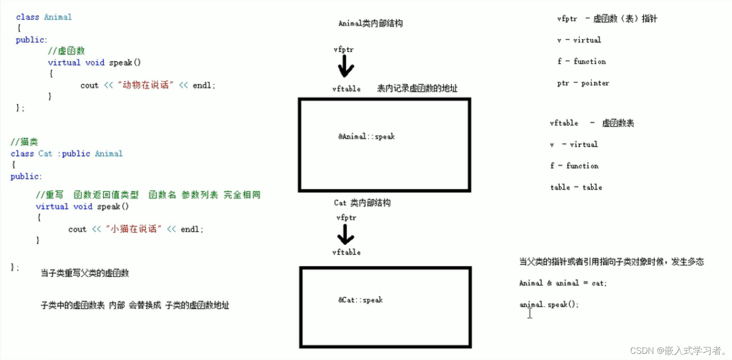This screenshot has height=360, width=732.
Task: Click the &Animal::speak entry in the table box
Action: [x=366, y=137]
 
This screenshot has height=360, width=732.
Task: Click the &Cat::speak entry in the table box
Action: [x=361, y=300]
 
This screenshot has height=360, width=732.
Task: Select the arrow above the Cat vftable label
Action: [x=346, y=234]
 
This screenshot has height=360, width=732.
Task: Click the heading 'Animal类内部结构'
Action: [x=370, y=23]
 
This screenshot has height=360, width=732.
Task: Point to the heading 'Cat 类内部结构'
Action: [x=362, y=203]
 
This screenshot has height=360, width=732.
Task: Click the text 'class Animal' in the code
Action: [x=44, y=17]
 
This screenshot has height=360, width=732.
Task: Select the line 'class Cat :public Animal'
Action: [x=67, y=154]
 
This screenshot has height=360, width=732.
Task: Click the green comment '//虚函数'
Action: [x=66, y=51]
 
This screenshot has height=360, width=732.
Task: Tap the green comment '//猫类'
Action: [x=24, y=142]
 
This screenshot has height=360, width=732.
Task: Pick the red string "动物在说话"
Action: [x=146, y=86]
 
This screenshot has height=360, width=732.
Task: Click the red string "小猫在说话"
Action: [x=134, y=230]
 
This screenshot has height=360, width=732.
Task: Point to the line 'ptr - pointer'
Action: [x=583, y=83]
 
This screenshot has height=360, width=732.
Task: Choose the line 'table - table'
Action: [x=576, y=188]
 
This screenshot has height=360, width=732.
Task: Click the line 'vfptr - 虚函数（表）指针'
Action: [x=607, y=19]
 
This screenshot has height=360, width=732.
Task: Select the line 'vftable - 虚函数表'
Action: [x=592, y=123]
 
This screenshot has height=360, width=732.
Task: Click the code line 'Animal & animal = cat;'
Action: [x=562, y=283]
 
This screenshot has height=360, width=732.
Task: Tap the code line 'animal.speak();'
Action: [x=549, y=305]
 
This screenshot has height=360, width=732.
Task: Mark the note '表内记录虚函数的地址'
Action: [x=417, y=89]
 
